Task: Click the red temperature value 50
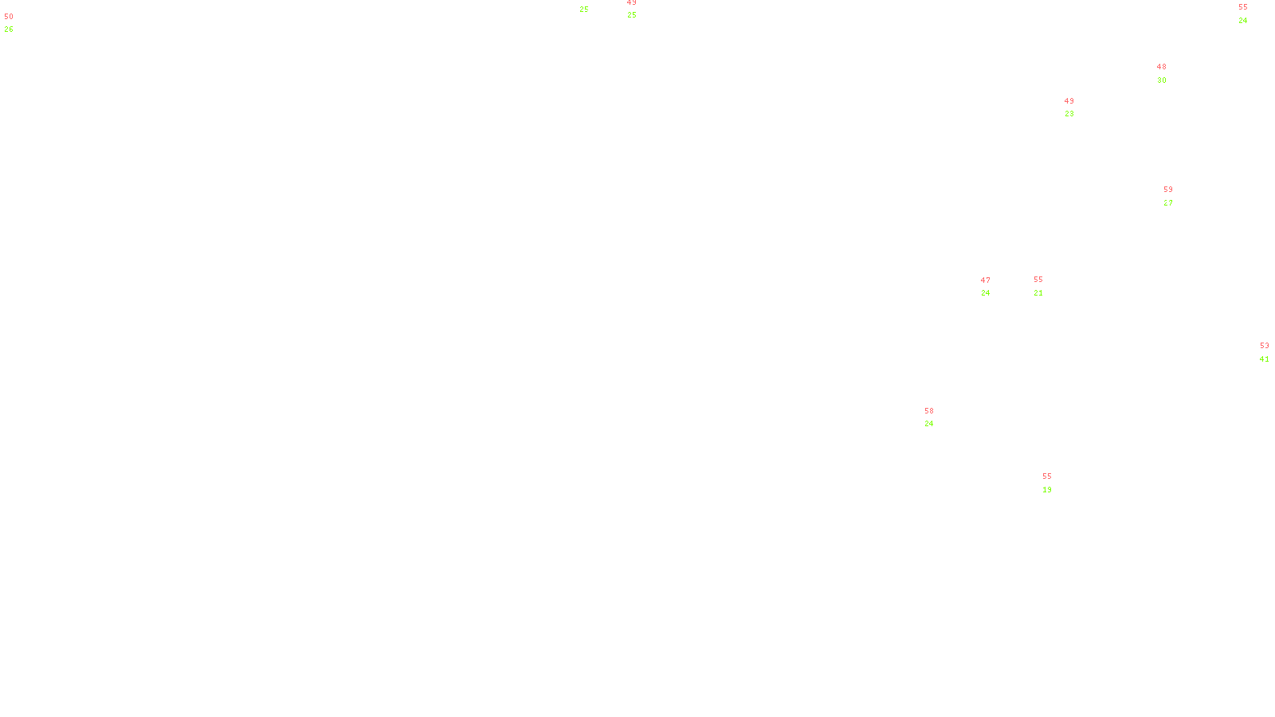9,17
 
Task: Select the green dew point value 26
9,29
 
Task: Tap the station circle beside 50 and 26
17,23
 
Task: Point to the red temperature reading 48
1161,68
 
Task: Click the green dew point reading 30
1161,80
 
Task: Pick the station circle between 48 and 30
1170,73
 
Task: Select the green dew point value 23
1069,114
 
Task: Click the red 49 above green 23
1069,101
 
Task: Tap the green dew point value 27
1168,203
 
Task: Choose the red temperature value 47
986,280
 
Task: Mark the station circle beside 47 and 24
993,287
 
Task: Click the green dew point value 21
1038,293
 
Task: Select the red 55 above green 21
1038,280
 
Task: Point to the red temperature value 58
929,411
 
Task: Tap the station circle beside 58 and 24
937,417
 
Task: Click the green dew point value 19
1047,490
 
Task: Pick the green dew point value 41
1264,359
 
